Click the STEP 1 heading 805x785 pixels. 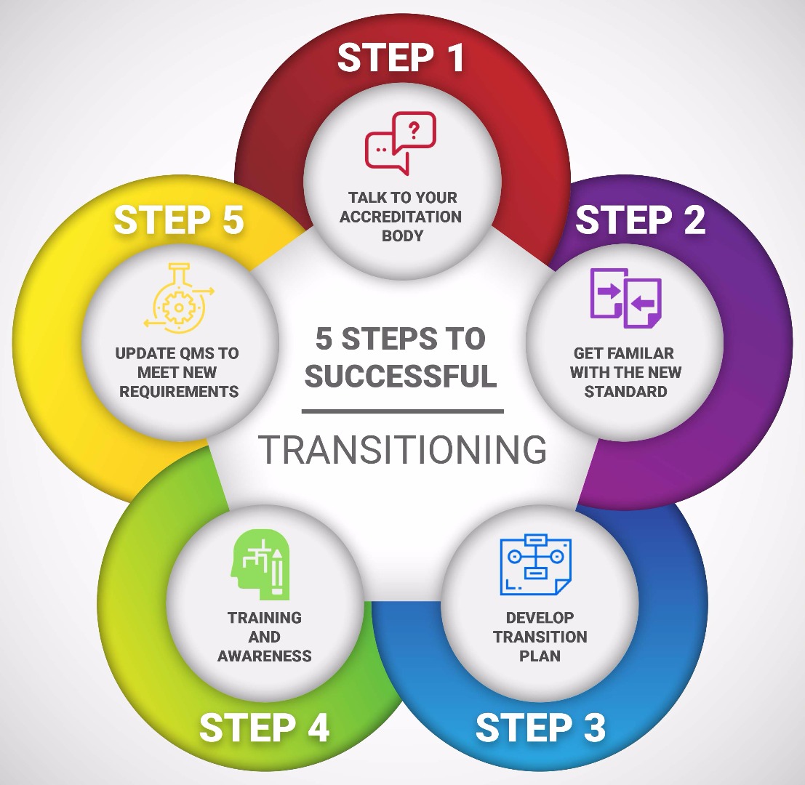[401, 57]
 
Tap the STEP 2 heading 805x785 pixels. [640, 220]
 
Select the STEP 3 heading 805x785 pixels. [540, 728]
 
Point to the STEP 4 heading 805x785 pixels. [264, 728]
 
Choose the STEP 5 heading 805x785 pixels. [178, 220]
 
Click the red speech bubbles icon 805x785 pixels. [400, 142]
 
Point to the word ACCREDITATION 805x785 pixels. [401, 217]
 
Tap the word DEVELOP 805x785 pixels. [540, 618]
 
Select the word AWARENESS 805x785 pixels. [265, 656]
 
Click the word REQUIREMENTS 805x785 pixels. [179, 391]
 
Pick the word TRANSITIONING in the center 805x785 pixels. [402, 450]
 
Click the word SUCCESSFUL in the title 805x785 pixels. [401, 377]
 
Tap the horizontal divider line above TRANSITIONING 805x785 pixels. [402, 411]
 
